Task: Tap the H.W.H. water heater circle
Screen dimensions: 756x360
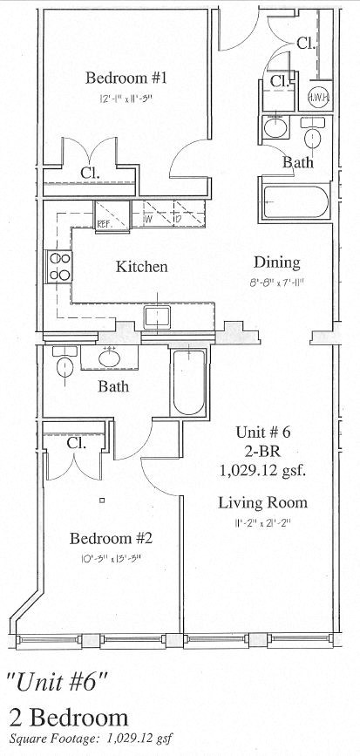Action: (318, 98)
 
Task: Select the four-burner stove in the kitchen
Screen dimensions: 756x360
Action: (59, 265)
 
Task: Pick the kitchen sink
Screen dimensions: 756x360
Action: (157, 317)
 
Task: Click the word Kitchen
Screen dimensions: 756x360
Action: (141, 266)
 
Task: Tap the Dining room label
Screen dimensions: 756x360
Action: (276, 262)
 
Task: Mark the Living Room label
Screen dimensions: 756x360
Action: (262, 502)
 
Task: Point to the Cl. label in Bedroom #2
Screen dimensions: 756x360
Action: (77, 443)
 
